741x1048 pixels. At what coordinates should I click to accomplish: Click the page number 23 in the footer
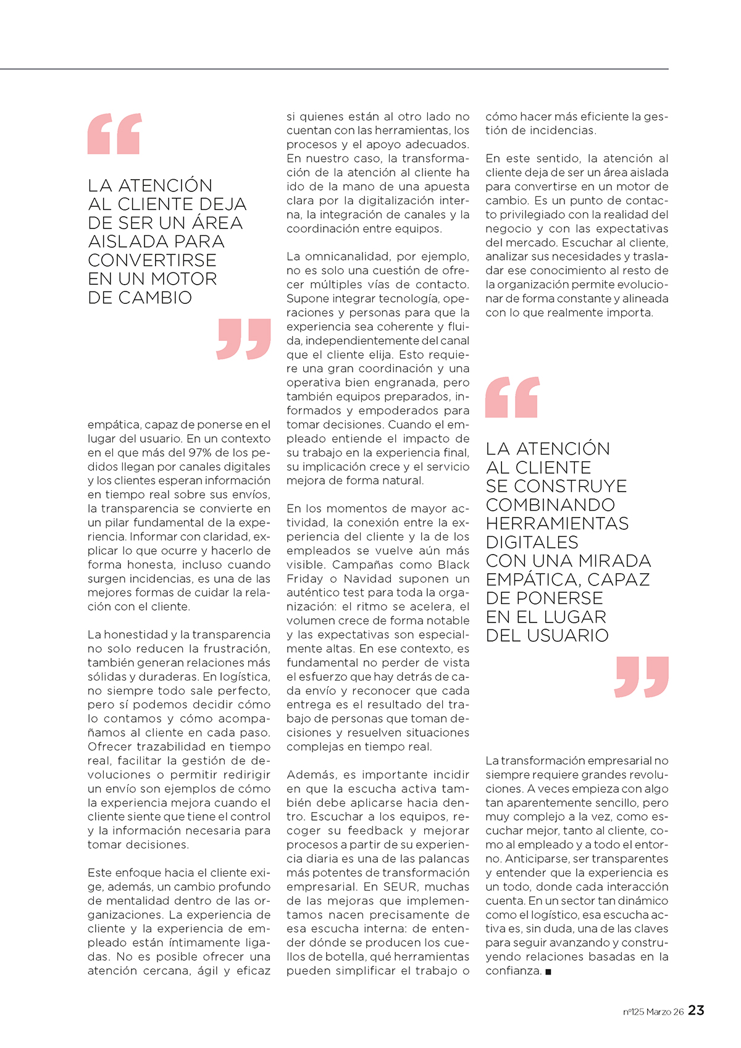(x=696, y=1010)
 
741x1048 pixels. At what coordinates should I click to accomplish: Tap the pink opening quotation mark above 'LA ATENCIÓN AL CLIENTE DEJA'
(x=115, y=133)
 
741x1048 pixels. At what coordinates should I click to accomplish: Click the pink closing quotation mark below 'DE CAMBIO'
(x=244, y=338)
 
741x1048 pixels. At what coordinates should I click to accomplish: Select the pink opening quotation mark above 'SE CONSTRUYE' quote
(x=513, y=397)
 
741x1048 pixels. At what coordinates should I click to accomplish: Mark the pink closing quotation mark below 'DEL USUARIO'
(x=642, y=677)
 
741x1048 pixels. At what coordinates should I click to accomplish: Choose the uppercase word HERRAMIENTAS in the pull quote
(x=557, y=524)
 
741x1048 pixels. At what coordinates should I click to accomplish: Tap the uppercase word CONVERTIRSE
(x=152, y=261)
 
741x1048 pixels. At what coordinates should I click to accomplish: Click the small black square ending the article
(x=548, y=972)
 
